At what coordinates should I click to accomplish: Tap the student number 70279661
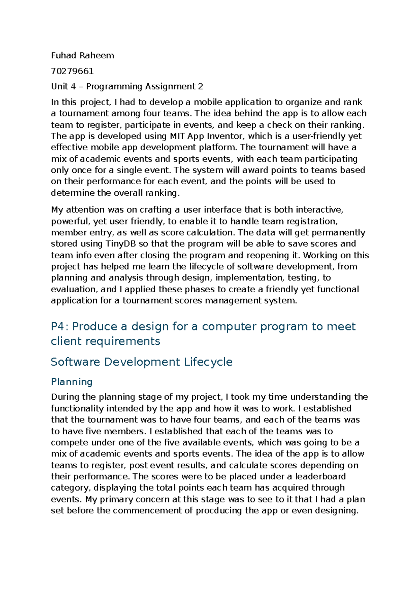coord(72,71)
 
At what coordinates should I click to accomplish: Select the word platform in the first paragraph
coord(218,148)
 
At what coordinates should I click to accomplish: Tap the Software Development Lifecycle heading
coord(141,362)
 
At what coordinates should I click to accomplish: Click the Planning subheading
coord(71,382)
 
